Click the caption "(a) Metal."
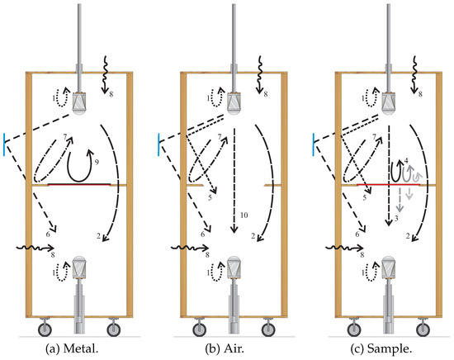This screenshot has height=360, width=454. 81,350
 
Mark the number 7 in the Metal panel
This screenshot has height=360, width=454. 63,135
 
